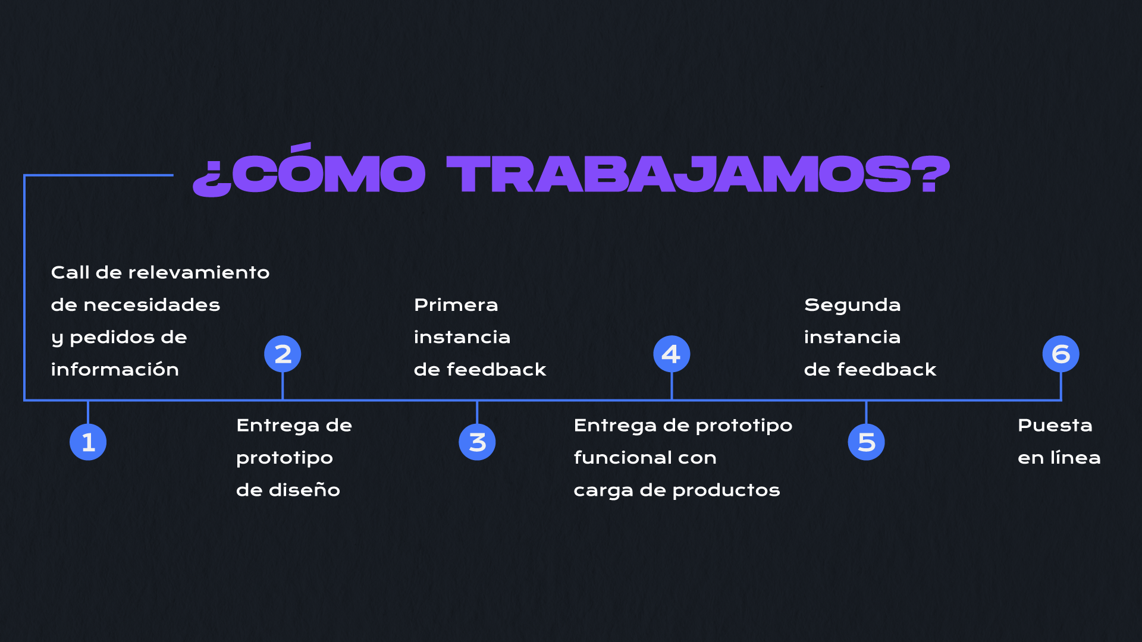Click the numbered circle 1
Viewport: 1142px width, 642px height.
88,442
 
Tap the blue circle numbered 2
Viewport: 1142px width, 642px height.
283,354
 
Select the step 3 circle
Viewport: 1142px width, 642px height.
477,442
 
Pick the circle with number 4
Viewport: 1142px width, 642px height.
672,354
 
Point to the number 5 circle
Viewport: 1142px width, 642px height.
866,442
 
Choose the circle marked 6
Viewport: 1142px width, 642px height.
1061,354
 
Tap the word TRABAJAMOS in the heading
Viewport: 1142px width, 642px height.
678,174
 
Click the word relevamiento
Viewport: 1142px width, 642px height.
199,272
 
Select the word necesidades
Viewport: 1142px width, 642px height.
152,304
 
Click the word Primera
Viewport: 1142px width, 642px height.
456,304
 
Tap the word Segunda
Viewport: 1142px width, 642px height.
852,306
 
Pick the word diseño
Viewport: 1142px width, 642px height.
304,489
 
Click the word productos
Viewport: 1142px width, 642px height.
726,490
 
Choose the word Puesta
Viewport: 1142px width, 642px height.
1055,425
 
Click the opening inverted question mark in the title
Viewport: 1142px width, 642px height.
212,179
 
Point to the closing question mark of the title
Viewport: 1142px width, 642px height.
931,174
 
